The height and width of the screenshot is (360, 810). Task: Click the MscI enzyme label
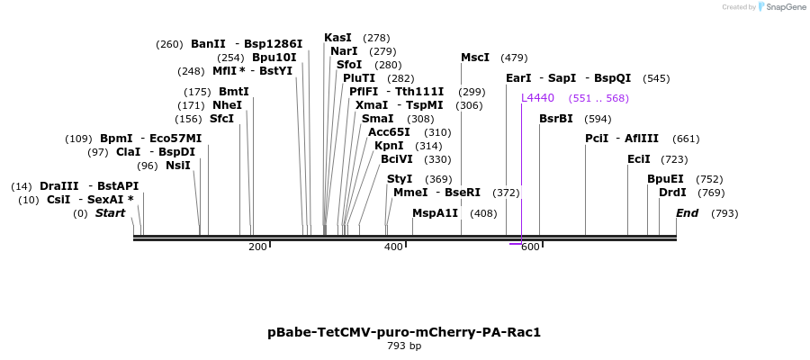pyautogui.click(x=475, y=58)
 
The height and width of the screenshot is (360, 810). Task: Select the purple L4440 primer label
pyautogui.click(x=538, y=98)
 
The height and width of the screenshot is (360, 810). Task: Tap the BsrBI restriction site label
pyautogui.click(x=556, y=119)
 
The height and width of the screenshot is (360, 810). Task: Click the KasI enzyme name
pyautogui.click(x=337, y=38)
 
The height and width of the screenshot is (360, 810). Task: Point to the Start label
pyautogui.click(x=111, y=213)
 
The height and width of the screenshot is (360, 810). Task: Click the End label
pyautogui.click(x=688, y=213)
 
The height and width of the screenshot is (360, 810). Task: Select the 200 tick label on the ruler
pyautogui.click(x=257, y=247)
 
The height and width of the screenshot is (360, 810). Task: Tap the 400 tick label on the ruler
pyautogui.click(x=393, y=247)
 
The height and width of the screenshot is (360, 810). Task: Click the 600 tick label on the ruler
pyautogui.click(x=529, y=247)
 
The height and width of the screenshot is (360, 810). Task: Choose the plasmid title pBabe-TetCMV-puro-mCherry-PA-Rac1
pyautogui.click(x=404, y=332)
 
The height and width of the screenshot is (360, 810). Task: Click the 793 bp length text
pyautogui.click(x=404, y=346)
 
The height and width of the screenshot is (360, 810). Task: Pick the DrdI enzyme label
pyautogui.click(x=672, y=193)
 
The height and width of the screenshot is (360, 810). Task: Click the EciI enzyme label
pyautogui.click(x=639, y=159)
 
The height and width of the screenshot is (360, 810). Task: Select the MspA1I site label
pyautogui.click(x=436, y=213)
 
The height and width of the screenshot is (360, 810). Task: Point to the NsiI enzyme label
pyautogui.click(x=178, y=166)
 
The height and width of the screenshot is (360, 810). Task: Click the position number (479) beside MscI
pyautogui.click(x=514, y=58)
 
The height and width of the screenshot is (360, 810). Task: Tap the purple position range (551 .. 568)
pyautogui.click(x=598, y=98)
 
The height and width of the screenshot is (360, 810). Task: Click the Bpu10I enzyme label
pyautogui.click(x=274, y=58)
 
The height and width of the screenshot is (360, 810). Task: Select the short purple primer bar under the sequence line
pyautogui.click(x=516, y=243)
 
